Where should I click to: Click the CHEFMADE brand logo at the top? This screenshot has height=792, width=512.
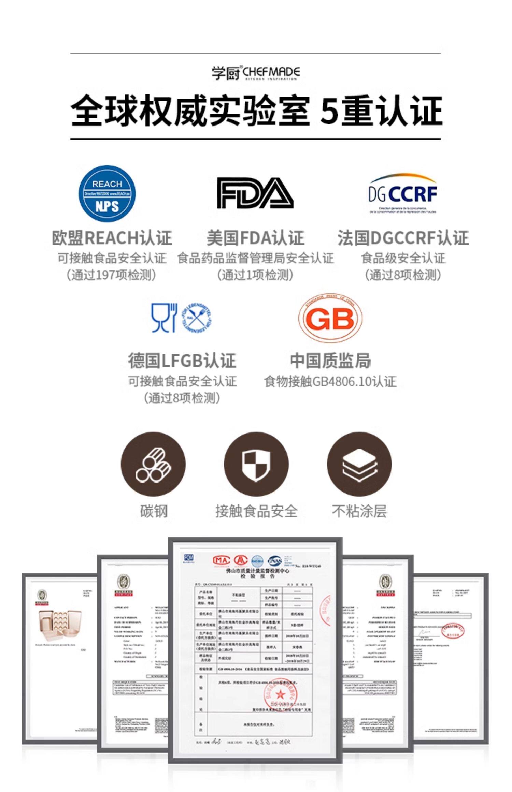(x=256, y=73)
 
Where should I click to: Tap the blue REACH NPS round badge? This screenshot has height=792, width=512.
(x=107, y=194)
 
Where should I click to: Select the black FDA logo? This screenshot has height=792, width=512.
(x=255, y=193)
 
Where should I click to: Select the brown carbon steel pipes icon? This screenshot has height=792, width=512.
(x=153, y=464)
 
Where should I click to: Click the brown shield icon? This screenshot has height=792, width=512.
(x=256, y=464)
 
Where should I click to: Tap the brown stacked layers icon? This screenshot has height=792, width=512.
(x=359, y=464)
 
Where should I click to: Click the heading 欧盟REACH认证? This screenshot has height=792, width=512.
(x=112, y=238)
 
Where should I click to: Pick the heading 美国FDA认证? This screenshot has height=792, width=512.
(x=255, y=238)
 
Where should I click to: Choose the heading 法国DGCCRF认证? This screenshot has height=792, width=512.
(x=403, y=238)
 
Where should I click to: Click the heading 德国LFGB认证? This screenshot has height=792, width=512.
(x=182, y=361)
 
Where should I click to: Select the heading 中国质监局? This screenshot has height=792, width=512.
(x=330, y=361)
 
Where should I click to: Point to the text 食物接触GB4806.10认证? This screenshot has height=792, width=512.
(x=330, y=381)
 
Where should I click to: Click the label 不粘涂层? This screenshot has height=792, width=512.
(x=359, y=511)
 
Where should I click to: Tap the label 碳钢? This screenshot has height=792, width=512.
(x=154, y=511)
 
